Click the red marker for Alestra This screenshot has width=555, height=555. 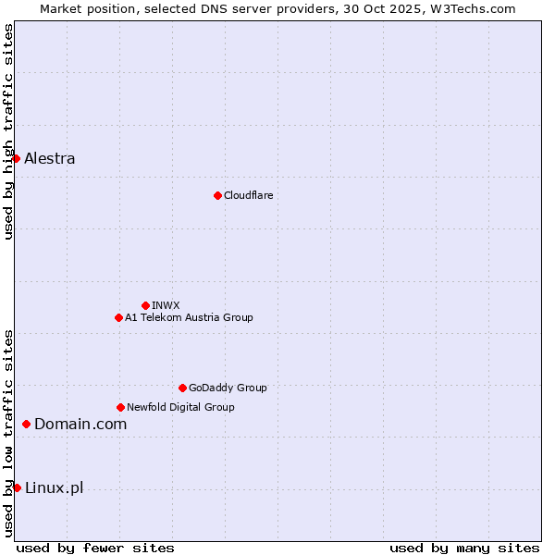click(16, 158)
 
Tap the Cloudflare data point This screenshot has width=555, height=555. click(217, 195)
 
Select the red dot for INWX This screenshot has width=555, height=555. click(145, 305)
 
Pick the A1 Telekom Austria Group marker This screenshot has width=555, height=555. click(118, 317)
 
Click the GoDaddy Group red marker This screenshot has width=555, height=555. click(182, 388)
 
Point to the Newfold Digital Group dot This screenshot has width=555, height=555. click(120, 407)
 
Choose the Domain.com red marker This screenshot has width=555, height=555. click(26, 424)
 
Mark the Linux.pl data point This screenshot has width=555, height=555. click(17, 487)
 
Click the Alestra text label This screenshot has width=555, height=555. click(50, 158)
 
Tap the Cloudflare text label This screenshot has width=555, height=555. click(249, 195)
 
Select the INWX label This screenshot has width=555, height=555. click(166, 305)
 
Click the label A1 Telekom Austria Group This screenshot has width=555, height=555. click(189, 317)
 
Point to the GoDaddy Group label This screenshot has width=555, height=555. click(228, 388)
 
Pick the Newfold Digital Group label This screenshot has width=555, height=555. click(180, 407)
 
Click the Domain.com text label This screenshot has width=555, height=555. click(80, 424)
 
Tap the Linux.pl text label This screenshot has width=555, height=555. click(54, 487)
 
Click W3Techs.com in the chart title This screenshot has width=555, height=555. click(476, 8)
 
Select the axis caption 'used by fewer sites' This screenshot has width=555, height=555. click(95, 548)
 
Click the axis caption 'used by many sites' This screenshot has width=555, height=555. click(464, 548)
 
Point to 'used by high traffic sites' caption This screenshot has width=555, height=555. click(8, 131)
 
